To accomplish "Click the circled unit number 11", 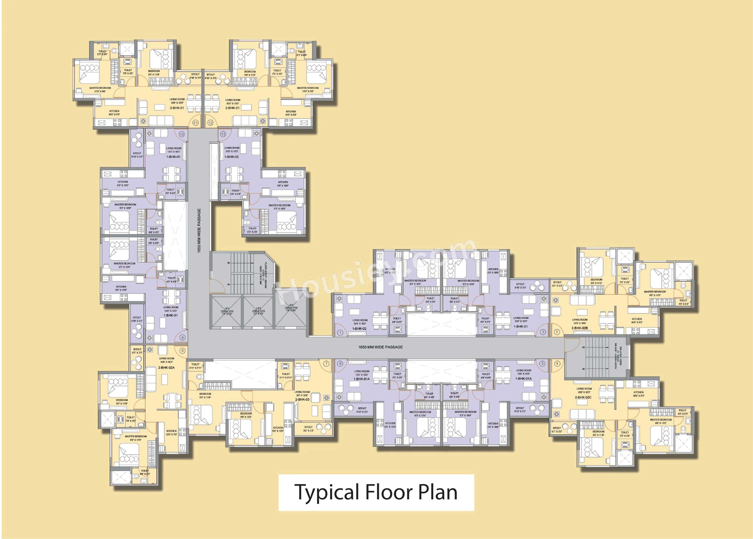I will (x=195, y=123).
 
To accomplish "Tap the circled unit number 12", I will (x=210, y=123).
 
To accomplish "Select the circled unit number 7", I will (x=326, y=363).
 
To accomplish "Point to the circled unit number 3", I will (x=557, y=332).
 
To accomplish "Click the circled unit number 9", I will (x=182, y=337).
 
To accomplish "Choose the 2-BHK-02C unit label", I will (x=583, y=397).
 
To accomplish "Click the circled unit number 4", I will (x=557, y=363).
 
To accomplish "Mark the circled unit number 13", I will (x=223, y=134).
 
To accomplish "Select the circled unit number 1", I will (x=340, y=332).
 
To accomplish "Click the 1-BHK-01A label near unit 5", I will (x=524, y=378).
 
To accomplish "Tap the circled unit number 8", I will (x=182, y=351).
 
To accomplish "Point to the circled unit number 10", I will (x=181, y=134).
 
